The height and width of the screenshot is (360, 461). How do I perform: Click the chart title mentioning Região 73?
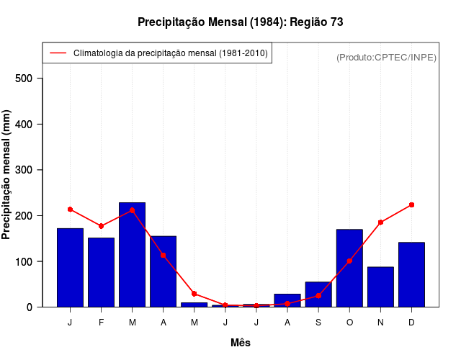coord(240,22)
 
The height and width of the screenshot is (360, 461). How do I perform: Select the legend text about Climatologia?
coord(171,53)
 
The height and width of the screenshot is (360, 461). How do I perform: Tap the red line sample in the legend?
coord(58,53)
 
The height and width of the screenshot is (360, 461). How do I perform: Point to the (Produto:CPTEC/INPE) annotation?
coord(386,57)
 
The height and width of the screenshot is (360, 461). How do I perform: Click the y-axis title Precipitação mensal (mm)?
coord(7,175)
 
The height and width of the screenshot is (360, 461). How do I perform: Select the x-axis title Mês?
coord(241,343)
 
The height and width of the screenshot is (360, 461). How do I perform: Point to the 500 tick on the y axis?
coord(29,78)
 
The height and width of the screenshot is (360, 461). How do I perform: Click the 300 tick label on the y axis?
coord(29,170)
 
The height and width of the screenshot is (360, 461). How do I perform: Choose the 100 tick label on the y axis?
coord(29,261)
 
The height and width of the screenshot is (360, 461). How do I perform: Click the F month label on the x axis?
coord(101,323)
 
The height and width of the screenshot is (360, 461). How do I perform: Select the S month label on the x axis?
coord(318,323)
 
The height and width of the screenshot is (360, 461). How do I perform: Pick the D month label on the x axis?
coord(411,323)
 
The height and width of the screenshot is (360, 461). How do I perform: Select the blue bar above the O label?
coord(349,268)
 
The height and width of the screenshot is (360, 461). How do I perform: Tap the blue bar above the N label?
coord(380,287)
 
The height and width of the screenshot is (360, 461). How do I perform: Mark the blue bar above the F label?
coord(101,272)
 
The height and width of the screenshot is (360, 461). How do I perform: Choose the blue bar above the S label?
coord(318,294)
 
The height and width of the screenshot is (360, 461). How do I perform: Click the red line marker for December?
coord(411,205)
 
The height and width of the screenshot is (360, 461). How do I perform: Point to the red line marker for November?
coord(380,222)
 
